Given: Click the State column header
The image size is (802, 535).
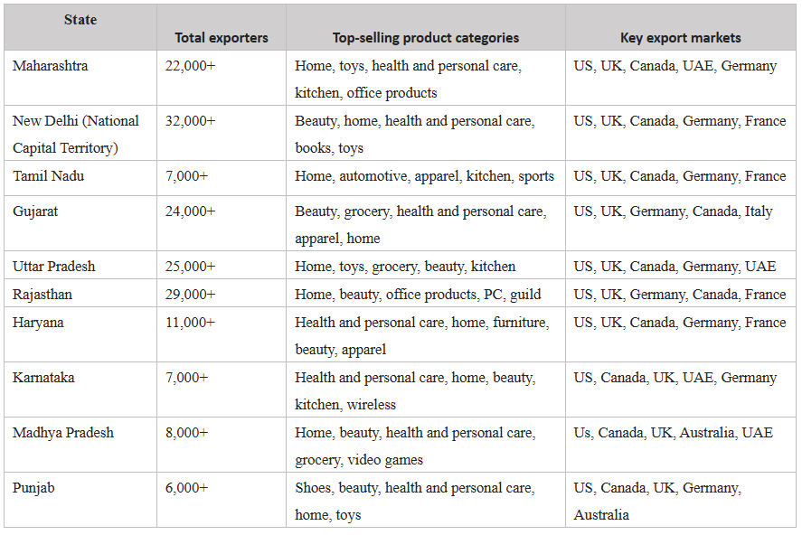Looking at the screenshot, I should click(x=80, y=20).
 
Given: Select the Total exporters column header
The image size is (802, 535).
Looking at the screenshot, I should click(x=221, y=38).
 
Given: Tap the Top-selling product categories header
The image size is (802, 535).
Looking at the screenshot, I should click(x=425, y=38).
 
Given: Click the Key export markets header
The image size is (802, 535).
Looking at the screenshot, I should click(x=680, y=38).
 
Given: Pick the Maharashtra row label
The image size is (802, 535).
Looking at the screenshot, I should click(x=51, y=66).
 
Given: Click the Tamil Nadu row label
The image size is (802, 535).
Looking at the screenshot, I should click(x=48, y=176).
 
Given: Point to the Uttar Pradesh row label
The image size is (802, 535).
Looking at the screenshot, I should click(x=53, y=267).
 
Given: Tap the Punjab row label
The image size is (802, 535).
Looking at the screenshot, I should click(x=33, y=488).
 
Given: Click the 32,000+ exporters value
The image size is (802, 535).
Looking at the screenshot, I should click(x=190, y=121).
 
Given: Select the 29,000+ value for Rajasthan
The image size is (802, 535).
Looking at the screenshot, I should click(x=190, y=295).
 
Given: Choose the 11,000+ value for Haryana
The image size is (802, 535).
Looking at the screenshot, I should click(x=190, y=323).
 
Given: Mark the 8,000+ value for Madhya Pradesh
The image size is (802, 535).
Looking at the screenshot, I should click(x=186, y=433).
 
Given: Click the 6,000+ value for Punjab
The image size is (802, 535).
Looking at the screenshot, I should click(x=186, y=488).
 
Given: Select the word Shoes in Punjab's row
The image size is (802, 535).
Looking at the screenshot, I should click(x=313, y=488).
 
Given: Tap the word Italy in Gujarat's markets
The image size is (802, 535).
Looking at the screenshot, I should click(x=758, y=211).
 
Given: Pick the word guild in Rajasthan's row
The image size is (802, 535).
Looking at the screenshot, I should click(x=525, y=295).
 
